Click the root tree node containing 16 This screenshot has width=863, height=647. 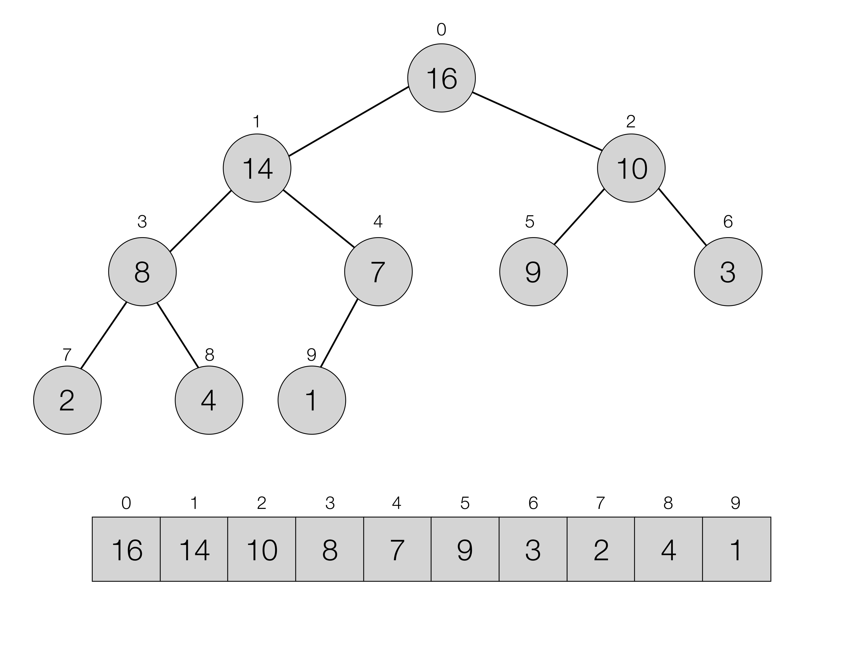tap(441, 78)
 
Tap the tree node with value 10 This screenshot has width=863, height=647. tap(631, 168)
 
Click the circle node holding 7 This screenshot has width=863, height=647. tap(378, 272)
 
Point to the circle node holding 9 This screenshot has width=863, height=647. tap(533, 272)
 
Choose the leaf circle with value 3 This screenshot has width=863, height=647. tap(728, 272)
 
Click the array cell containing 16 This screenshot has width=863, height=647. tap(126, 549)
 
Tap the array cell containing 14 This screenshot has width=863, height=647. tap(194, 549)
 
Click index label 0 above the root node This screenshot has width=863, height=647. tap(441, 30)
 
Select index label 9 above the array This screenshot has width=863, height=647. tap(735, 503)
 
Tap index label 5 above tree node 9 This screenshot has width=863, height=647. tap(529, 222)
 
